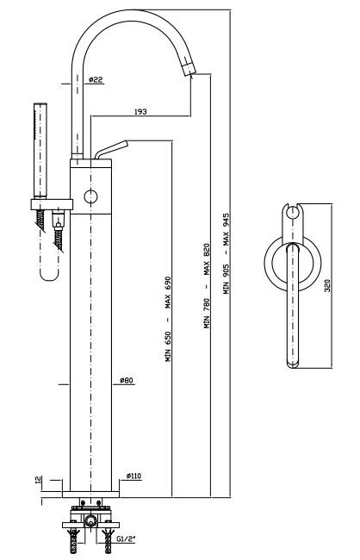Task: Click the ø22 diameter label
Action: click(96, 79)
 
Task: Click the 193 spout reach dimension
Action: click(140, 112)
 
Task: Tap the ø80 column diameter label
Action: click(127, 380)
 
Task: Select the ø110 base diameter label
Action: click(133, 476)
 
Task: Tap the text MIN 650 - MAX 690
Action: click(168, 319)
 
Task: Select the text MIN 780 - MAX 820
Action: click(207, 286)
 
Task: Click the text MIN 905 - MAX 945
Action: click(227, 253)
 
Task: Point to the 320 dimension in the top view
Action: click(327, 285)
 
